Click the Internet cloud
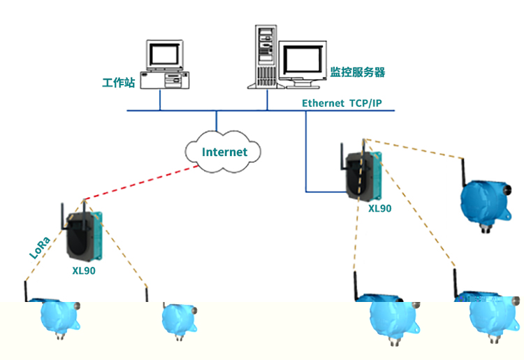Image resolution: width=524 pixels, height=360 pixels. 224,151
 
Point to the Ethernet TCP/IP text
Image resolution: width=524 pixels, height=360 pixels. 342,103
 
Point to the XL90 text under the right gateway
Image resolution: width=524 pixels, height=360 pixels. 380,208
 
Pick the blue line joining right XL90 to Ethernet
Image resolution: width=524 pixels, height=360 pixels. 307,161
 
